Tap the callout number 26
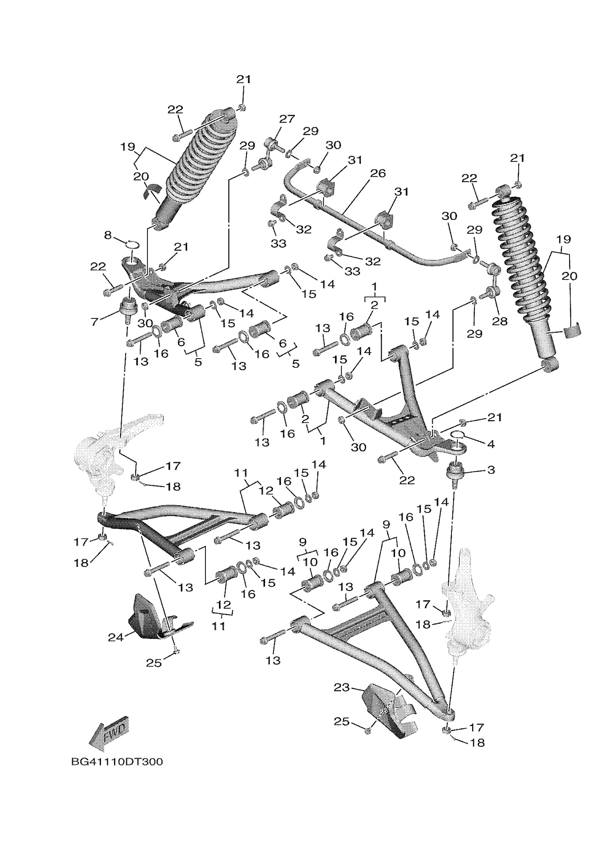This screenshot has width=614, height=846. (378, 173)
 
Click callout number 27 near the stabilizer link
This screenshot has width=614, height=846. (287, 119)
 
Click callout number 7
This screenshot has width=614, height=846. (95, 321)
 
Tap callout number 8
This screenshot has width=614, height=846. (108, 236)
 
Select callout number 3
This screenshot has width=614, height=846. (491, 470)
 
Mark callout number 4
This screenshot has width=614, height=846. (491, 444)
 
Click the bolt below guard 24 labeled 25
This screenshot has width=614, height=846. (177, 651)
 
